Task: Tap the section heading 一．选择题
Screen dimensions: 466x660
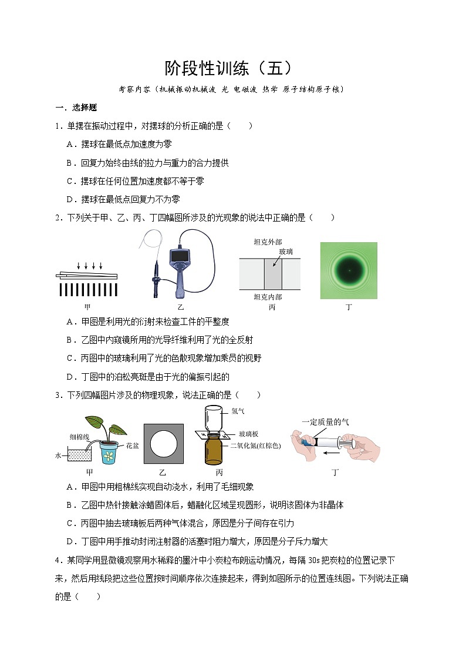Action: coord(76,108)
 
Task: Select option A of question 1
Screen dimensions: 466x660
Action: coord(119,145)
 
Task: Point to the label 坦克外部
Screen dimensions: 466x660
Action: coord(268,242)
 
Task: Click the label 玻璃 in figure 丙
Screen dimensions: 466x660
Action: coord(286,252)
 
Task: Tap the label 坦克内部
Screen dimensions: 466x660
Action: coord(268,297)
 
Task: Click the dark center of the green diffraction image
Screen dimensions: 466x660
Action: coord(349,270)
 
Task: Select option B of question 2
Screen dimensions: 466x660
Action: coord(160,340)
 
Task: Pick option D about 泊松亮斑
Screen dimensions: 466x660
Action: coord(148,377)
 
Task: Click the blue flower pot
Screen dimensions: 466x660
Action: coord(109,453)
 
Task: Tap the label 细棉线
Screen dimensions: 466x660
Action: coord(79,437)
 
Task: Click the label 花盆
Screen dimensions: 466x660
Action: coord(133,445)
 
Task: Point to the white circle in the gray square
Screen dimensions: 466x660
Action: coord(164,444)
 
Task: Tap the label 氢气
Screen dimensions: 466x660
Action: coord(238,411)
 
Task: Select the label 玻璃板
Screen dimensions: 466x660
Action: coord(248,434)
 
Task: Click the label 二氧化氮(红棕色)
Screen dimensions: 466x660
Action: coord(255,445)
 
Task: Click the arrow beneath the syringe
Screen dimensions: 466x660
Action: coord(332,453)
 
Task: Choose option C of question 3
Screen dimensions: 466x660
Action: coord(180,523)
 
